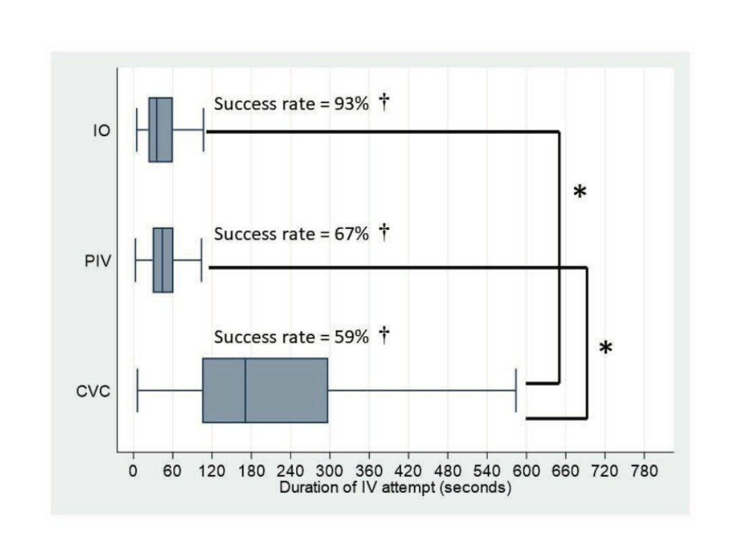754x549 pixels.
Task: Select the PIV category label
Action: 98,261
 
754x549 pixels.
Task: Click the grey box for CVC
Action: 265,390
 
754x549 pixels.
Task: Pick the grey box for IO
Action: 161,130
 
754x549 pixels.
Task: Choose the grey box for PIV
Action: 163,260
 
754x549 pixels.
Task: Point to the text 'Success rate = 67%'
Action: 291,234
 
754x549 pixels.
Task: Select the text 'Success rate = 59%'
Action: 291,337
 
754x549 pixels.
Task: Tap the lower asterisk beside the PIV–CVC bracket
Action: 606,349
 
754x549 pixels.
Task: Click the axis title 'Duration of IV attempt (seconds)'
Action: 395,487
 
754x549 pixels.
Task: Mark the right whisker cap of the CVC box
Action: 516,391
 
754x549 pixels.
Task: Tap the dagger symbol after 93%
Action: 384,104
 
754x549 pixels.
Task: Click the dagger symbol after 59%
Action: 384,335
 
